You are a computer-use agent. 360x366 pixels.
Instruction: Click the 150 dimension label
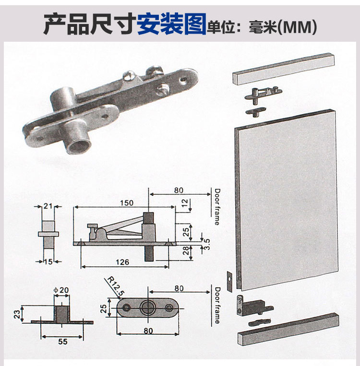pyautogui.click(x=127, y=202)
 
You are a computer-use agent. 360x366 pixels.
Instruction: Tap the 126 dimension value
pyautogui.click(x=122, y=262)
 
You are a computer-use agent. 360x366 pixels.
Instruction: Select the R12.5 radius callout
pyautogui.click(x=115, y=286)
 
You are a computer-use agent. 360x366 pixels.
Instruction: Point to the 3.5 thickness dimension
pyautogui.click(x=207, y=244)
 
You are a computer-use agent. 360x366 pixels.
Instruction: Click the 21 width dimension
pyautogui.click(x=48, y=206)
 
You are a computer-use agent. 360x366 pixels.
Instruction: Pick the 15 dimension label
pyautogui.click(x=48, y=261)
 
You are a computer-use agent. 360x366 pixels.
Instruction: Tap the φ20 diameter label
pyautogui.click(x=61, y=290)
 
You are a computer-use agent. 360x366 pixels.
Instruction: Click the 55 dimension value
pyautogui.click(x=62, y=342)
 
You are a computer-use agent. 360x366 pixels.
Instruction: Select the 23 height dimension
pyautogui.click(x=17, y=314)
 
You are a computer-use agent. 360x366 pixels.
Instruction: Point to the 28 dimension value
pyautogui.click(x=186, y=250)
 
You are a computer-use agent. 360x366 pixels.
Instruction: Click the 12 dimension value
pyautogui.click(x=184, y=203)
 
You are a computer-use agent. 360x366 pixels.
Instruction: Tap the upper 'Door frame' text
pyautogui.click(x=217, y=207)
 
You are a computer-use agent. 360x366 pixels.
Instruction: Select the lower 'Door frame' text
pyautogui.click(x=217, y=305)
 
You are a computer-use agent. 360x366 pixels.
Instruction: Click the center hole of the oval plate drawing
pyautogui.click(x=147, y=307)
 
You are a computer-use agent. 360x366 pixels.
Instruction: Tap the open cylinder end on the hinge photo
pyautogui.click(x=79, y=145)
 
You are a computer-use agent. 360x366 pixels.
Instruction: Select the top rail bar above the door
pyautogui.click(x=283, y=69)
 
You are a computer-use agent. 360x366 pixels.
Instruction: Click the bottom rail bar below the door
pyautogui.click(x=288, y=329)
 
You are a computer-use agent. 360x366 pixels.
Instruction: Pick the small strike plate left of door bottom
pyautogui.click(x=229, y=281)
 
